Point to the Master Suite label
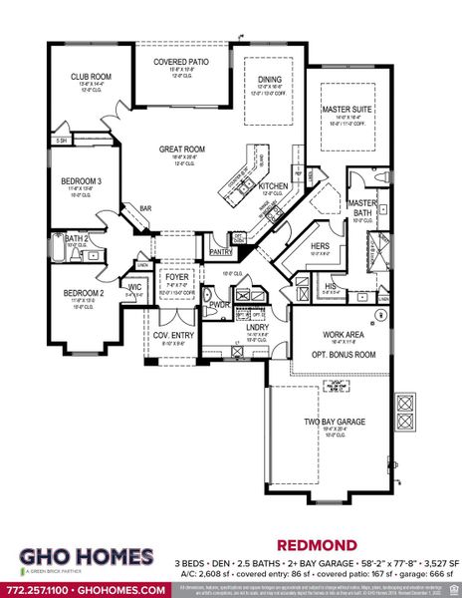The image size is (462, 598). (x=346, y=109)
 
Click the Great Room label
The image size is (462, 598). (x=181, y=149)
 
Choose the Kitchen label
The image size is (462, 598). (x=273, y=186)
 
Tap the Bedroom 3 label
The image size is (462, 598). (x=74, y=180)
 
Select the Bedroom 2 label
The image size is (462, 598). (x=79, y=293)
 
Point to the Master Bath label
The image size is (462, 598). (x=360, y=207)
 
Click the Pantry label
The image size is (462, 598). (x=221, y=253)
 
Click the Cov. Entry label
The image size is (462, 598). (x=165, y=335)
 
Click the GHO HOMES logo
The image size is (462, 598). (x=83, y=557)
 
